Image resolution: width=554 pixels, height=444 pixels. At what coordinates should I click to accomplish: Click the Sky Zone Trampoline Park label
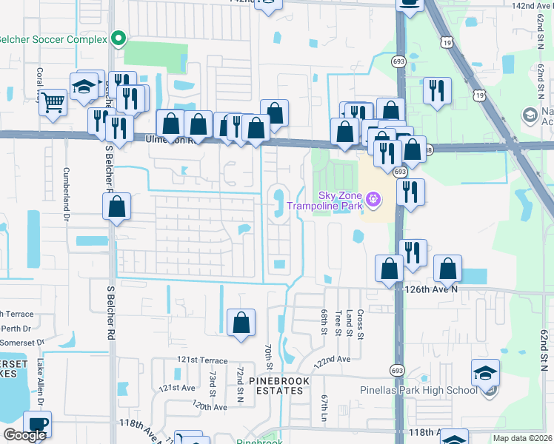pos(338,200)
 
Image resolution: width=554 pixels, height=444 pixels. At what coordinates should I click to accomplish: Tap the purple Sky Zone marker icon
pos(373,198)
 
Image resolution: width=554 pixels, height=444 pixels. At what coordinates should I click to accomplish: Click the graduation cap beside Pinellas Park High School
pos(486,372)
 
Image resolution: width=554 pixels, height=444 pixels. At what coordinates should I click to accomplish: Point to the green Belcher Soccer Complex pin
pos(118,38)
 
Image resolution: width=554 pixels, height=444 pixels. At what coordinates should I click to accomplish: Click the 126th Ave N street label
pos(433,289)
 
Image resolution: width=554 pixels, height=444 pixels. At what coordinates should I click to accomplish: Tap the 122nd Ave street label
pos(332,360)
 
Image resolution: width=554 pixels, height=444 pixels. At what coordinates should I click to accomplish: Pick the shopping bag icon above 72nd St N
pos(241,323)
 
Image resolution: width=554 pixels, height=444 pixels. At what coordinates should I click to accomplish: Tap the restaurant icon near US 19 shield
pos(437,91)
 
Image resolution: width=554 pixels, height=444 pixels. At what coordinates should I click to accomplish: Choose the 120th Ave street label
pos(210,406)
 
